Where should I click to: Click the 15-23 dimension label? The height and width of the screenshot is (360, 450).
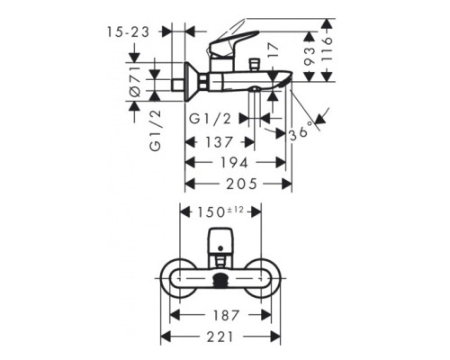click(x=128, y=31)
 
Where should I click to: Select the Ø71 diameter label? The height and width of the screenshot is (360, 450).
click(x=136, y=82)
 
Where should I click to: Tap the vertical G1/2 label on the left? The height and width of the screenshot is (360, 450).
click(x=156, y=130)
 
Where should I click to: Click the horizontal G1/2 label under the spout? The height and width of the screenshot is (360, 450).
click(x=211, y=119)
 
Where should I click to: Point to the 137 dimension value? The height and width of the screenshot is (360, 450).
click(x=219, y=142)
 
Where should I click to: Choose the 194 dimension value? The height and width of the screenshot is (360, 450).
click(x=235, y=163)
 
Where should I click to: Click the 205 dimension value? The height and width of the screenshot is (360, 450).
click(x=242, y=184)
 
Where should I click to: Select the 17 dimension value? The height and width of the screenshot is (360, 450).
click(x=273, y=50)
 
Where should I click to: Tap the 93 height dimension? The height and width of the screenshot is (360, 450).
click(x=310, y=56)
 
